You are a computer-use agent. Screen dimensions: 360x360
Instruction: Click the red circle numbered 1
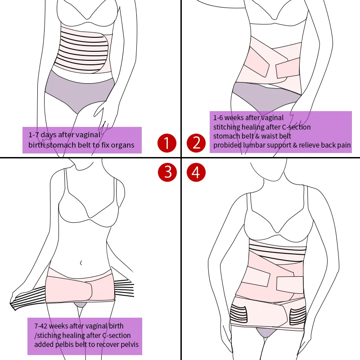coord(166,143)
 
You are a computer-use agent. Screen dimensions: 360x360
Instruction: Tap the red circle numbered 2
coord(196,143)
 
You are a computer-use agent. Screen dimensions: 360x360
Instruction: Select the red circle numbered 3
coord(166,172)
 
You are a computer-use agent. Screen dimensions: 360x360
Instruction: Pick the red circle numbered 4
coord(196,172)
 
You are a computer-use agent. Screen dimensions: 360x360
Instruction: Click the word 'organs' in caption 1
coord(123,145)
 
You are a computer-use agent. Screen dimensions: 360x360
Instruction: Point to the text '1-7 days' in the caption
coord(43,135)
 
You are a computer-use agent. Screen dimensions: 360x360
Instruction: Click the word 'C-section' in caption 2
coord(295,127)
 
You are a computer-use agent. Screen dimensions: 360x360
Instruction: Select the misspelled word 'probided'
coord(228,145)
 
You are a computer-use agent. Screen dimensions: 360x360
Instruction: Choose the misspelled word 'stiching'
coord(51,335)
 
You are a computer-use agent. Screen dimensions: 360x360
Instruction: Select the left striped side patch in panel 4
coord(239,313)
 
